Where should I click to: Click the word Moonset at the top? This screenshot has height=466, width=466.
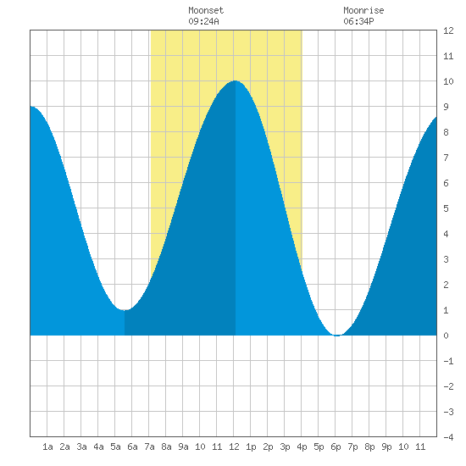click(x=206, y=10)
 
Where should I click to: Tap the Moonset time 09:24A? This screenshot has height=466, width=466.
click(x=203, y=21)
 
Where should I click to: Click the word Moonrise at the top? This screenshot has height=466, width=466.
click(x=363, y=10)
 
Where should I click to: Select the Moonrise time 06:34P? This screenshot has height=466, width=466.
click(x=358, y=21)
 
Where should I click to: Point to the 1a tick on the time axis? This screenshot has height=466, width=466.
click(x=47, y=447)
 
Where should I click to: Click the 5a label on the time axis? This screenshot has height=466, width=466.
click(x=115, y=447)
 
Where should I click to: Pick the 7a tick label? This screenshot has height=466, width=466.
click(x=149, y=447)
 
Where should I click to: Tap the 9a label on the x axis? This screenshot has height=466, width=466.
click(x=183, y=447)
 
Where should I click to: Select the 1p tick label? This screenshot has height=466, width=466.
click(x=251, y=447)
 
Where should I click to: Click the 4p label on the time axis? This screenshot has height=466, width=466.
click(x=302, y=447)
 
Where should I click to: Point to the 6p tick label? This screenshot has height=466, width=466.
click(x=336, y=447)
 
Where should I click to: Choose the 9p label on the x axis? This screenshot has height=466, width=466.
click(x=386, y=447)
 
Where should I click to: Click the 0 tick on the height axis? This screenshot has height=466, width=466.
click(x=446, y=336)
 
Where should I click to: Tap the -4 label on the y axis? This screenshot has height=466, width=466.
click(x=448, y=437)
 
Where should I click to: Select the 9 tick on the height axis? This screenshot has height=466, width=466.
click(x=446, y=107)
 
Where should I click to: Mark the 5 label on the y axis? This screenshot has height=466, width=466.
click(x=446, y=208)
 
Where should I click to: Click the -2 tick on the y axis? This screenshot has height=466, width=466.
click(x=448, y=386)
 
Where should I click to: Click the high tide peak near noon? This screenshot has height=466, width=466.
click(x=235, y=80)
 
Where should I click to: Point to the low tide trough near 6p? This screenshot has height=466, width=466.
click(x=337, y=336)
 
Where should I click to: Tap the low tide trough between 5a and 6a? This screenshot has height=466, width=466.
click(x=125, y=309)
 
